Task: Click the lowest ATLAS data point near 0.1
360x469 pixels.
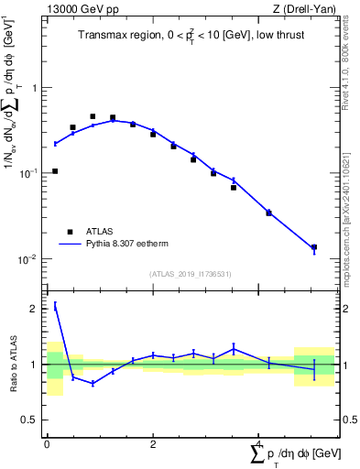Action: [55, 171]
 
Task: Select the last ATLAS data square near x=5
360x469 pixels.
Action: [314, 247]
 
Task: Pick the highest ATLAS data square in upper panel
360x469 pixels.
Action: [93, 116]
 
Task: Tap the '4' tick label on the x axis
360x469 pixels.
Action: [260, 444]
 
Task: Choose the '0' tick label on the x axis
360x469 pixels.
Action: [47, 444]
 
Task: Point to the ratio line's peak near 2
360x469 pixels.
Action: [55, 306]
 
